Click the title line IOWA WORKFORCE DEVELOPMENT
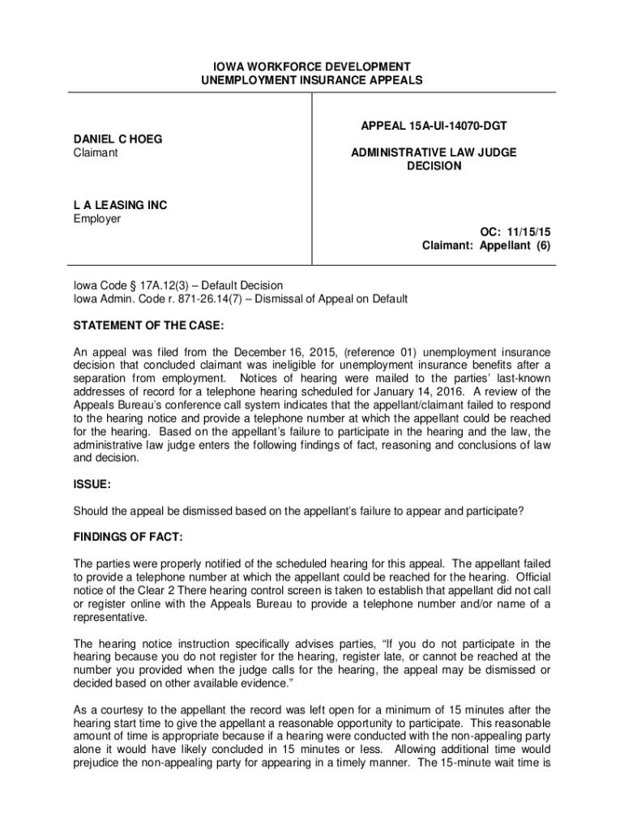(311, 66)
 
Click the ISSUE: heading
(92, 484)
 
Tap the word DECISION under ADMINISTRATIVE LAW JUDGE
(434, 166)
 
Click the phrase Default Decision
(242, 285)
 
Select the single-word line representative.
(111, 617)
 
